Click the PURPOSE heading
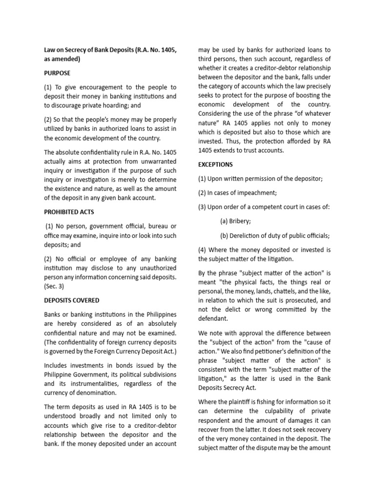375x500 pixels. (x=58, y=73)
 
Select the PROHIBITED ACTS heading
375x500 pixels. (x=69, y=212)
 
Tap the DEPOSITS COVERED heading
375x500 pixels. (x=72, y=300)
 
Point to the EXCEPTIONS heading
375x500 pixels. (x=215, y=165)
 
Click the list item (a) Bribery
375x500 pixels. (x=235, y=221)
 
